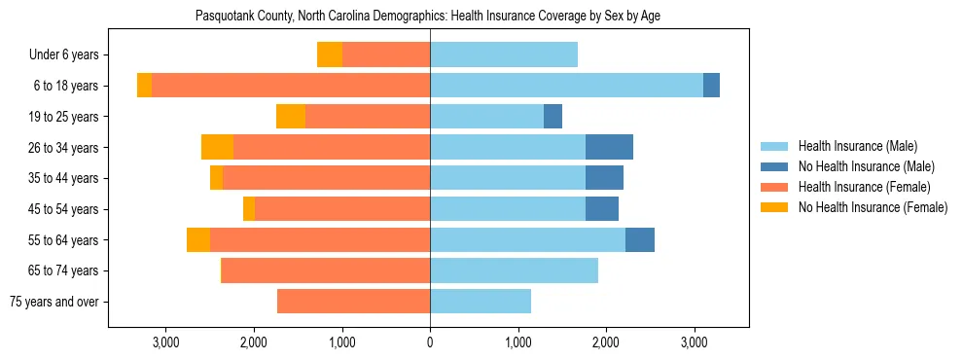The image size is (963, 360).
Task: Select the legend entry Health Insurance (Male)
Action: click(856, 146)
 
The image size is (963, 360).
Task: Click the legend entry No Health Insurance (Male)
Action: click(866, 166)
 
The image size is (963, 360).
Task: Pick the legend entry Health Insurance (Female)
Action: click(864, 187)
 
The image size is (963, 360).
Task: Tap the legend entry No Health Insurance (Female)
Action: click(873, 207)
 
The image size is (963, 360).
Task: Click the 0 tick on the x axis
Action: click(430, 342)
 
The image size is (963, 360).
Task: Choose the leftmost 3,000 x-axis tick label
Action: click(165, 342)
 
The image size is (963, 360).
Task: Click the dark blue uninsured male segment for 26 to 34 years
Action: click(609, 147)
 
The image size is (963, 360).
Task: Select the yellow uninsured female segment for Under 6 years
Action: click(330, 55)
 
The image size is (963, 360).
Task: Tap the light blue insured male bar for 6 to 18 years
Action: click(566, 86)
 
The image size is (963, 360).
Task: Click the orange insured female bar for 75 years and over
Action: click(353, 302)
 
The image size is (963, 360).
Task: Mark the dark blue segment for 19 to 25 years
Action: click(553, 117)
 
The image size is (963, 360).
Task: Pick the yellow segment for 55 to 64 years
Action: click(198, 240)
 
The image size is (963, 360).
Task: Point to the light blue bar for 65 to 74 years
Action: click(514, 270)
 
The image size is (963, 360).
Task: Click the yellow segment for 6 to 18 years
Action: click(144, 86)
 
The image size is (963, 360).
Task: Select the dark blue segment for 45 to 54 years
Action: click(602, 209)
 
